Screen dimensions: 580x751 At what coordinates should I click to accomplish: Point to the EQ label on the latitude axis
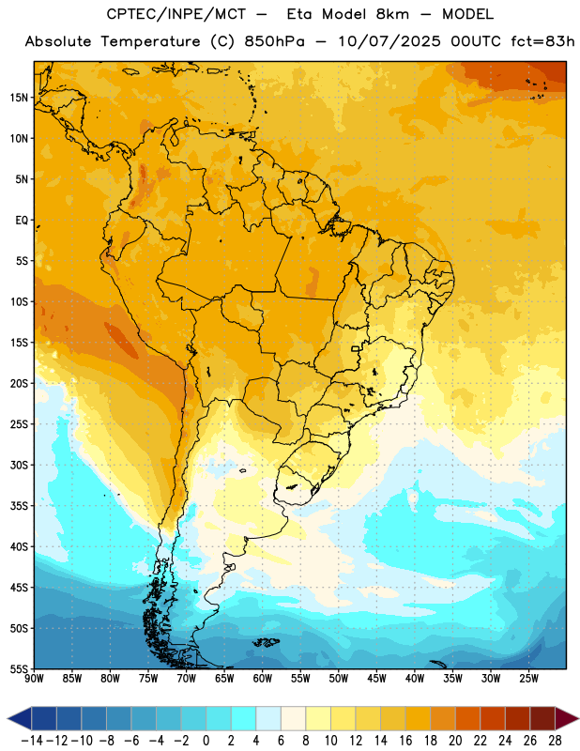22,221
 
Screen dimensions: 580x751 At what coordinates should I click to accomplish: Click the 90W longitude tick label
34,678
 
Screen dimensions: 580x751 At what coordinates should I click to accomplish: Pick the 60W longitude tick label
263,678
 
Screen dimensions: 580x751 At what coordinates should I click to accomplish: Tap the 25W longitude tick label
528,678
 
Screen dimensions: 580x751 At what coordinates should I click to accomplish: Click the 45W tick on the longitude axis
376,678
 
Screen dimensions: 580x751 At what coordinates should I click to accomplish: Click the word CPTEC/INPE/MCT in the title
176,14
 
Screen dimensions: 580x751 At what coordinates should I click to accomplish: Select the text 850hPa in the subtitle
274,41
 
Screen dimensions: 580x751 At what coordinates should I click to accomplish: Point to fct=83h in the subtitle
542,41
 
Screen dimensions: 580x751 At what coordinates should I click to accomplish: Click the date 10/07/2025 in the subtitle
389,41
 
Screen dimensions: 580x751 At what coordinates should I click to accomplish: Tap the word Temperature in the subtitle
150,41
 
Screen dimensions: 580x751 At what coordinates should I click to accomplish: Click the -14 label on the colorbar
32,741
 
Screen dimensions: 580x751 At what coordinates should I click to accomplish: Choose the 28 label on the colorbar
555,741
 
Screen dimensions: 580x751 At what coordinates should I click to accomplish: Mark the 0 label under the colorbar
206,741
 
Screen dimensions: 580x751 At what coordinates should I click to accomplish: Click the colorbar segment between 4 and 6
268,718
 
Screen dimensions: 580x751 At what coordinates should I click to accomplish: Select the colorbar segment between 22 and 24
493,718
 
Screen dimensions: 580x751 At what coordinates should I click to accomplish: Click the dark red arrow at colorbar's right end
567,718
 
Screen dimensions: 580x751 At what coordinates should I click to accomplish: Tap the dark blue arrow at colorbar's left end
20,718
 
